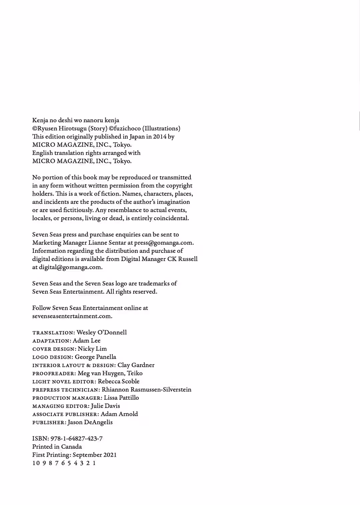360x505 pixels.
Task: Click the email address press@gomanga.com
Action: coord(164,243)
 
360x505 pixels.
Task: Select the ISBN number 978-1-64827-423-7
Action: coord(76,439)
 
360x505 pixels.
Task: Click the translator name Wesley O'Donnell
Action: coord(102,332)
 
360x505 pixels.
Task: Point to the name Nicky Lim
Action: coord(92,349)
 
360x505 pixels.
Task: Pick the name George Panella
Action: coord(95,357)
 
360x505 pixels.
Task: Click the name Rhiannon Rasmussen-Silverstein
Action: coord(146,390)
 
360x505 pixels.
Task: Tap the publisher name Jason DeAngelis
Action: coord(90,422)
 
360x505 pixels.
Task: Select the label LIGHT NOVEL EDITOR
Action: coord(64,382)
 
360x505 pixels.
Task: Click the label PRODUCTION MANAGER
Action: coord(67,398)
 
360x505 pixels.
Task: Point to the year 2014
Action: coord(160,137)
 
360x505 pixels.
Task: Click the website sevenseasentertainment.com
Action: coord(72,316)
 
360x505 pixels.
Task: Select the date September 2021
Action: coord(95,455)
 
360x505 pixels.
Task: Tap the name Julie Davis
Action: coord(105,406)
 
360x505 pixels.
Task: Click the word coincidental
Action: coord(171,219)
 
